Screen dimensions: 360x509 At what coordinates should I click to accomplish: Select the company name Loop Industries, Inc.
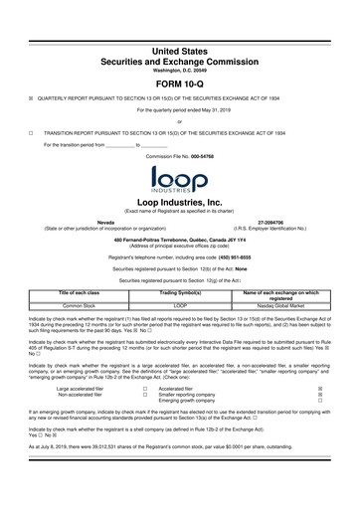(179, 201)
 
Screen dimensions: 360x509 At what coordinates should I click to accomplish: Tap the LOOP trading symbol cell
(180, 304)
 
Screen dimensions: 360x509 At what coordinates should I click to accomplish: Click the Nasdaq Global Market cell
(277, 304)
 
